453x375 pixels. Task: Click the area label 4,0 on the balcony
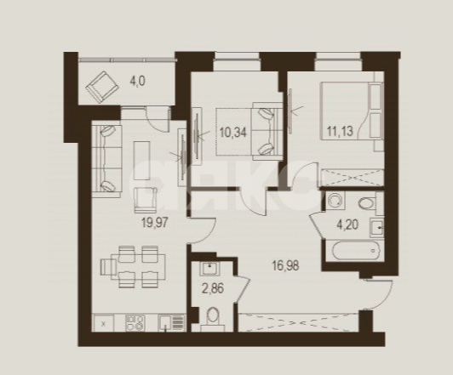point(138,82)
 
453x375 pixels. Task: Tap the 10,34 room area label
point(232,133)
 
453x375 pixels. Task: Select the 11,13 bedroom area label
point(340,131)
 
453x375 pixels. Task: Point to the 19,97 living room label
point(155,223)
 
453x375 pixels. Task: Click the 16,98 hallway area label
point(286,265)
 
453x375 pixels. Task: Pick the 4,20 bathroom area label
point(347,224)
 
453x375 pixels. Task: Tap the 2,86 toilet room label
point(213,288)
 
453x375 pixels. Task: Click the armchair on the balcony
point(102,87)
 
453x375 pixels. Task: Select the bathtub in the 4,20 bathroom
point(355,250)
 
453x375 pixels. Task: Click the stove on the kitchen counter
point(135,323)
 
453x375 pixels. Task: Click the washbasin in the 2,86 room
point(210,269)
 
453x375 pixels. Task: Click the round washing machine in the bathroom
point(335,201)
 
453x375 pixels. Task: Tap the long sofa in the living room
point(107,159)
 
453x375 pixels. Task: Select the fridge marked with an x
point(103,323)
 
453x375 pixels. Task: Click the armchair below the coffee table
point(145,200)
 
